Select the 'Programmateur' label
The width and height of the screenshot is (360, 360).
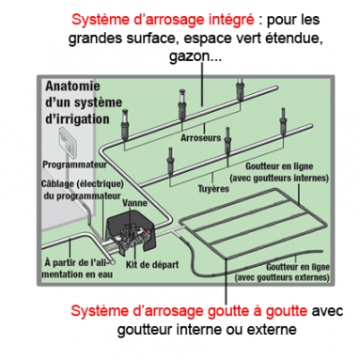pos(71,162)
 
